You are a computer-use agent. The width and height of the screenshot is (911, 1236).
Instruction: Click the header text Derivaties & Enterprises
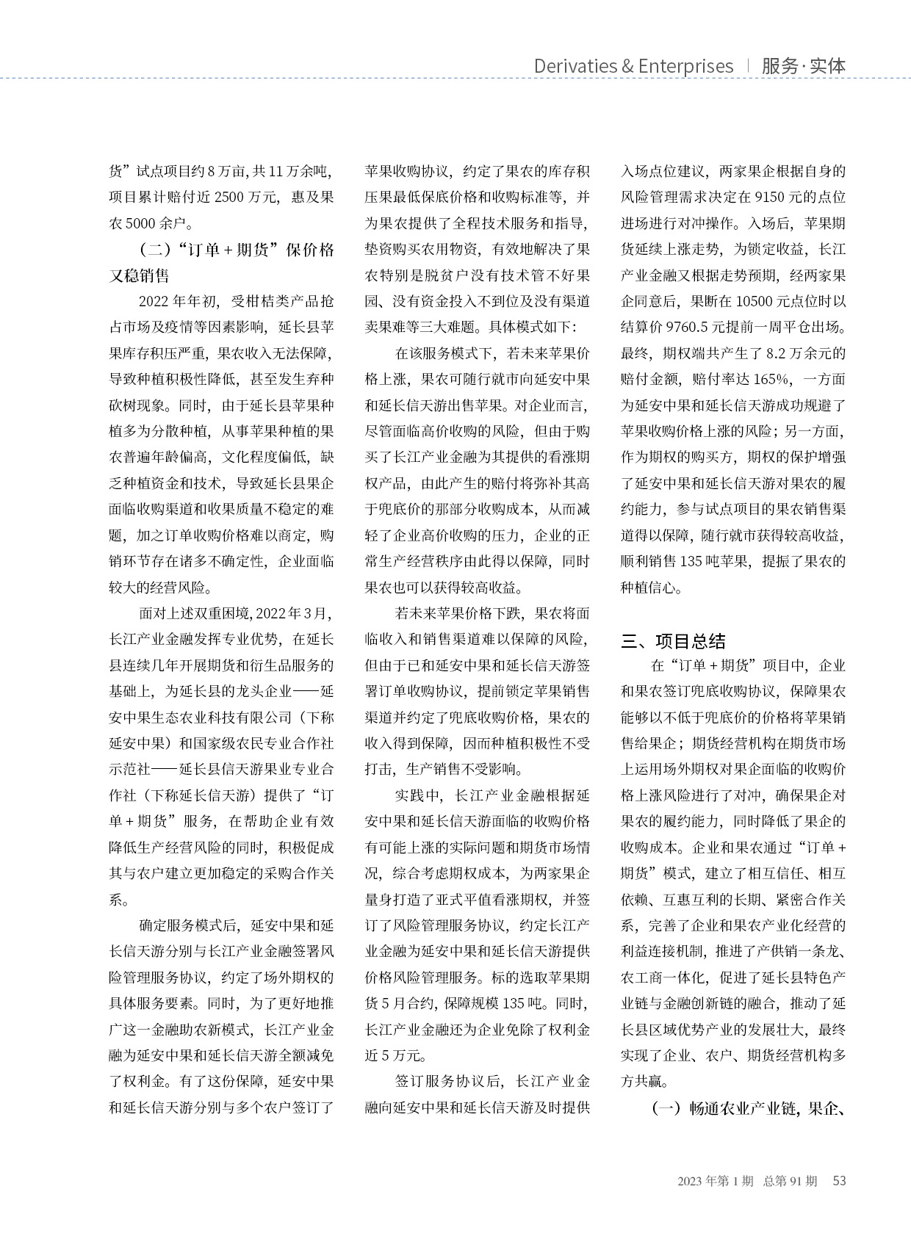(633, 66)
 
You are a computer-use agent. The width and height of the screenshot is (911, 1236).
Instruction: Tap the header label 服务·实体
(804, 66)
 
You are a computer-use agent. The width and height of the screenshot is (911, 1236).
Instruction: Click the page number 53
(838, 1181)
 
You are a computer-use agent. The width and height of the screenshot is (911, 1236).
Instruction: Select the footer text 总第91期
(790, 1181)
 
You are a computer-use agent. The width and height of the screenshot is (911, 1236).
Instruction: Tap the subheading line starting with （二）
(221, 250)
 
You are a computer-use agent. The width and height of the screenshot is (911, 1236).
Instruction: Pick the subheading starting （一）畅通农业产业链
(745, 1108)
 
